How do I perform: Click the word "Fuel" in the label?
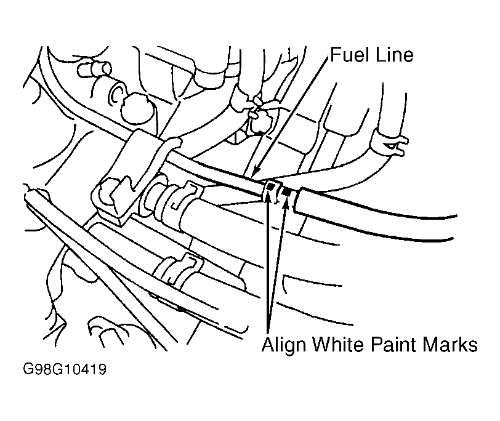[349, 55]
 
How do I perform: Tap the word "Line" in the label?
[394, 55]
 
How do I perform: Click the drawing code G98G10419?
[65, 370]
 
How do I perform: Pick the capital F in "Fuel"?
[335, 55]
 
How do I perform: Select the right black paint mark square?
[286, 191]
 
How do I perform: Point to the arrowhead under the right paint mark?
[285, 202]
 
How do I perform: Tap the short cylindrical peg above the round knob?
[94, 69]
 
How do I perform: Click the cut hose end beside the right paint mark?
[297, 200]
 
